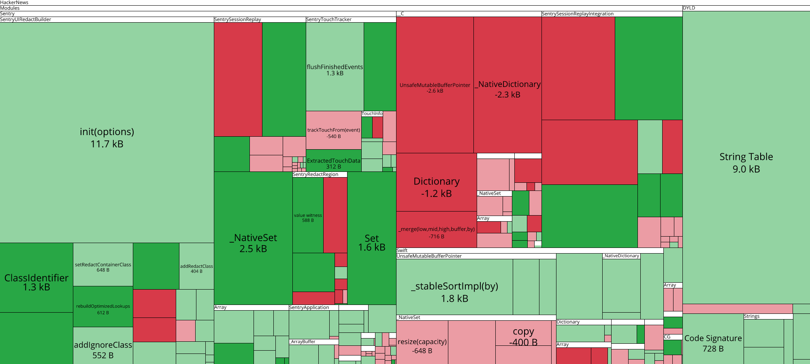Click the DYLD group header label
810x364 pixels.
tap(689, 8)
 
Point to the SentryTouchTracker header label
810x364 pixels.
tap(329, 19)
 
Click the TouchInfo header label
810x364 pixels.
tap(372, 114)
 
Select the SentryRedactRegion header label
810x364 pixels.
tap(315, 174)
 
